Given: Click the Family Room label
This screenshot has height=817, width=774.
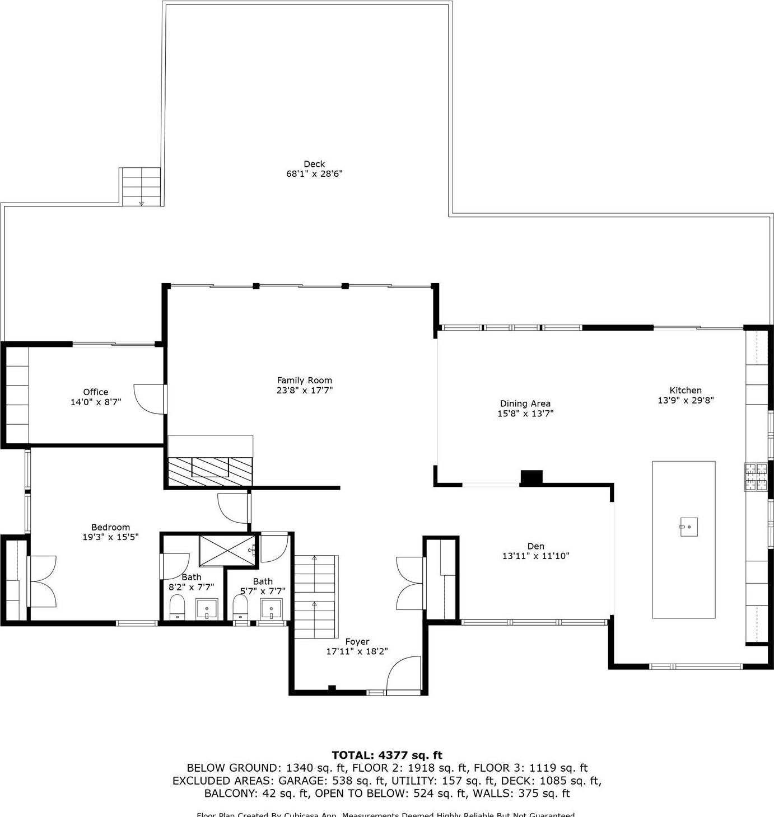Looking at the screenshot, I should pyautogui.click(x=304, y=381).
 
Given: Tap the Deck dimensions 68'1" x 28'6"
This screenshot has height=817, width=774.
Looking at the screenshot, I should pyautogui.click(x=314, y=174).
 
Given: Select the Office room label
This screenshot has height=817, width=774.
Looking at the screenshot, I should pyautogui.click(x=95, y=392).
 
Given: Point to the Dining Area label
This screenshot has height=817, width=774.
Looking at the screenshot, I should pyautogui.click(x=525, y=403).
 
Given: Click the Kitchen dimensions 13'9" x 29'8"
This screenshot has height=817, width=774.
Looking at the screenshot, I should pyautogui.click(x=686, y=401).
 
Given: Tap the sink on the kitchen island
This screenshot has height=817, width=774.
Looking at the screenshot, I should pyautogui.click(x=689, y=527).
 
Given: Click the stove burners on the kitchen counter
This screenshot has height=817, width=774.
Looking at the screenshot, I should pyautogui.click(x=756, y=477).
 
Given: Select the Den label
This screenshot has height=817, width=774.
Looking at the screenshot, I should pyautogui.click(x=535, y=546).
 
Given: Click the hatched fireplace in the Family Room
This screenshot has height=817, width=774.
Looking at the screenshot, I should pyautogui.click(x=210, y=471).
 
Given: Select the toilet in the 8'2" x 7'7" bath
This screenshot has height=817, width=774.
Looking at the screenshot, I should pyautogui.click(x=177, y=607).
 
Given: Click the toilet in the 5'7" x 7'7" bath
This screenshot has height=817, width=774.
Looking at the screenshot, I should pyautogui.click(x=240, y=607).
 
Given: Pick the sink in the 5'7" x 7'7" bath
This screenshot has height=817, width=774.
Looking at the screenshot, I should pyautogui.click(x=272, y=608).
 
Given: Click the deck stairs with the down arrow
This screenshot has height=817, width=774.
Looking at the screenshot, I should pyautogui.click(x=141, y=187).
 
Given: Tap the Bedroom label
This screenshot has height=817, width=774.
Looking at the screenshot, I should pyautogui.click(x=110, y=527).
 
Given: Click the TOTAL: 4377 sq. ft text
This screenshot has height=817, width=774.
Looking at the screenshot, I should pyautogui.click(x=387, y=755).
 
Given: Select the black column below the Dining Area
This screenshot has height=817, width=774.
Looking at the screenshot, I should pyautogui.click(x=531, y=477).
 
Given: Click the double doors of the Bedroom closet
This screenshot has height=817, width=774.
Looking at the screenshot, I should pyautogui.click(x=42, y=582).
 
